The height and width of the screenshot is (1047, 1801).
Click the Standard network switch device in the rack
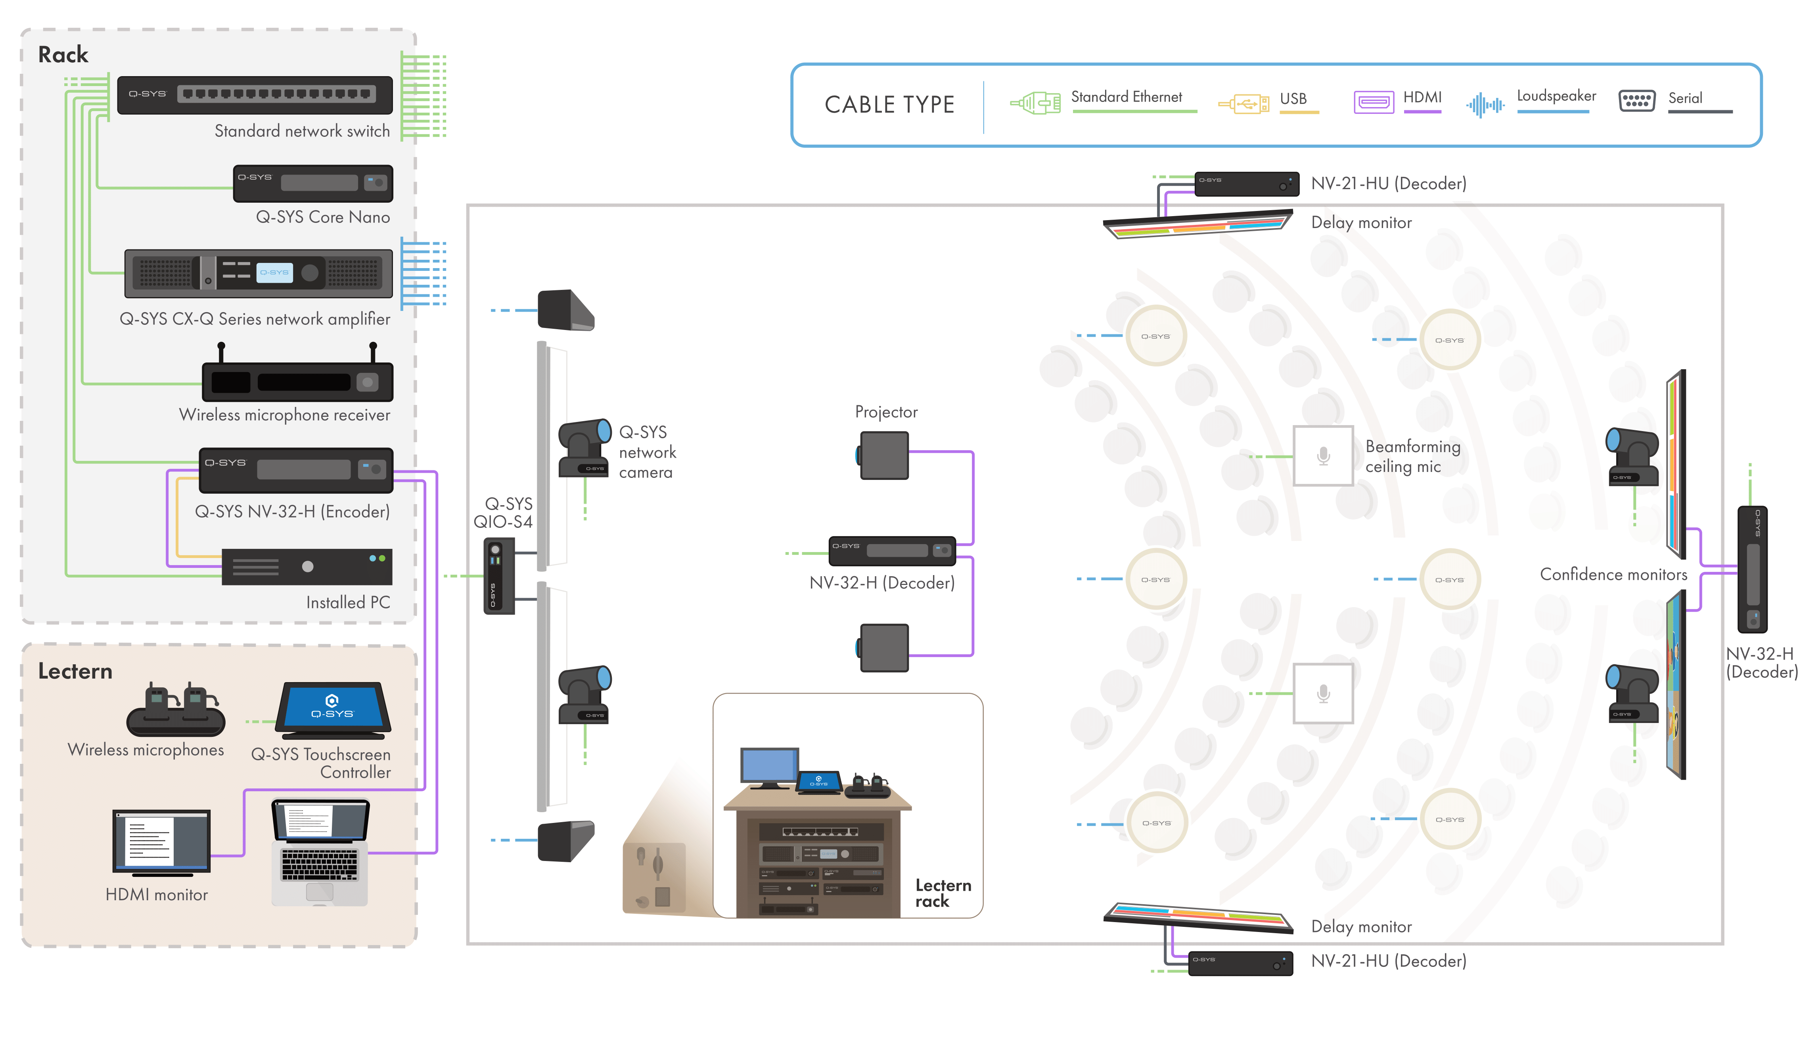[x=255, y=95]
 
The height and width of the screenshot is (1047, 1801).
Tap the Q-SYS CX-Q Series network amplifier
[x=258, y=273]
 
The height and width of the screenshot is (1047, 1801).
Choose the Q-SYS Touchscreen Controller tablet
[x=333, y=709]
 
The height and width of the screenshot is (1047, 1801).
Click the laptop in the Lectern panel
[x=320, y=850]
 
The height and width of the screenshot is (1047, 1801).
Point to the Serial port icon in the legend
[x=1636, y=101]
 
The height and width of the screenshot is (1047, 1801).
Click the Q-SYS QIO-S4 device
[x=498, y=576]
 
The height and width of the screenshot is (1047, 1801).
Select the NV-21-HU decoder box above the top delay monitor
[x=1246, y=184]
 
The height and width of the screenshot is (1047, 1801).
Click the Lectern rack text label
[x=943, y=894]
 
